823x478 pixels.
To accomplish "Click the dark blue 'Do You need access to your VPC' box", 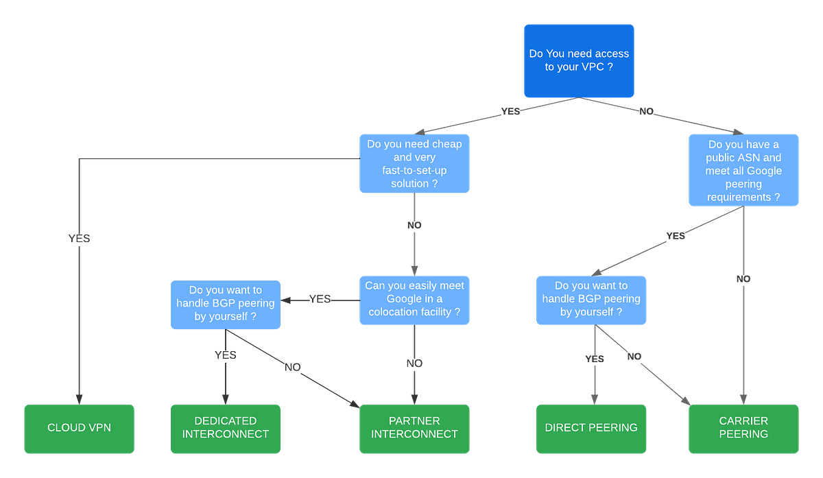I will (x=579, y=60).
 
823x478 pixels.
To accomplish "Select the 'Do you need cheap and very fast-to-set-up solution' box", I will (x=414, y=163).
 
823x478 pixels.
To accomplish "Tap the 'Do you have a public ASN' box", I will (x=743, y=170).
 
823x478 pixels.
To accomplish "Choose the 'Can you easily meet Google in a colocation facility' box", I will (x=414, y=299).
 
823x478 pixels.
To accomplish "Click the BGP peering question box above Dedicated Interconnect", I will (x=226, y=304).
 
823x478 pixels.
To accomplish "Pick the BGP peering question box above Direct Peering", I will (x=591, y=299).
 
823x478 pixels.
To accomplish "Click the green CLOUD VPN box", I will (x=79, y=428).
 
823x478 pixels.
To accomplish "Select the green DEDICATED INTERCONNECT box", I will (x=226, y=428).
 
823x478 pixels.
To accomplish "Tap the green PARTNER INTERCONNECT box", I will (x=414, y=428).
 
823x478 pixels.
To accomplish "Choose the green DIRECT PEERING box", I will (x=591, y=428).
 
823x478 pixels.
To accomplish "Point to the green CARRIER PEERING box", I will (x=743, y=428).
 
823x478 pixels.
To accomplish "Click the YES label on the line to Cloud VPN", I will (x=79, y=238).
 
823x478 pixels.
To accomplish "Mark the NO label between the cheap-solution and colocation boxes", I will (x=414, y=225).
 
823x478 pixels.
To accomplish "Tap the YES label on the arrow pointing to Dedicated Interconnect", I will (x=225, y=355).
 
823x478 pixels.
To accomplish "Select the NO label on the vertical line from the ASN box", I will (x=743, y=279).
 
